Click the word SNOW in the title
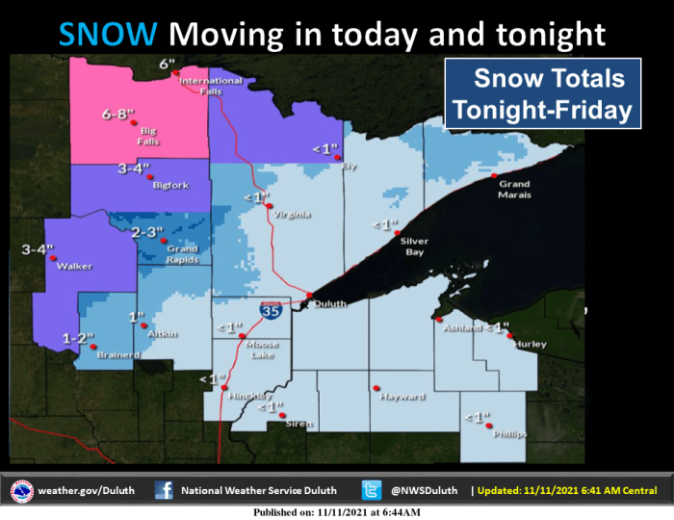coord(108,35)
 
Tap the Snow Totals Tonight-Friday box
coord(542,93)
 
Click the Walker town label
coord(73,266)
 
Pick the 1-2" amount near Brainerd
coord(78,338)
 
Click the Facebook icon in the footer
coord(164,490)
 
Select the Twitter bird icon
coord(372,490)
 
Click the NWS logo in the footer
coord(21,490)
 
